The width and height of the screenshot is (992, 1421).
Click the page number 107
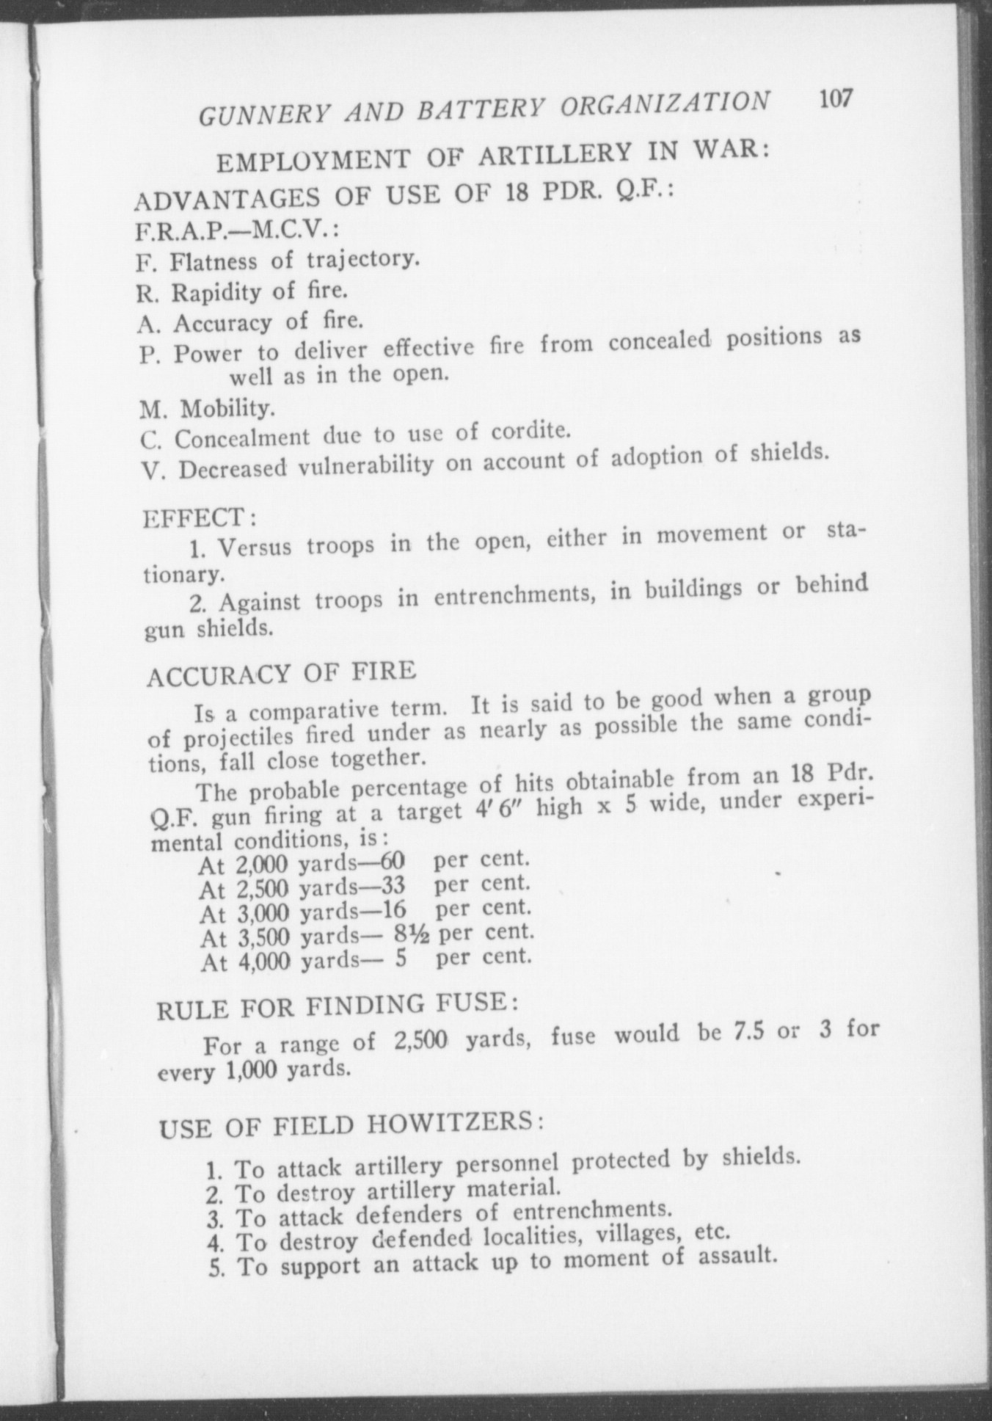click(834, 99)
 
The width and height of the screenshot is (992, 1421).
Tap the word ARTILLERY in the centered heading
click(555, 154)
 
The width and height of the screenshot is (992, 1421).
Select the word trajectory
click(363, 259)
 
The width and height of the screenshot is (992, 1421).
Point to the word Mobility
click(227, 407)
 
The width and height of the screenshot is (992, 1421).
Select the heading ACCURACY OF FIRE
click(281, 673)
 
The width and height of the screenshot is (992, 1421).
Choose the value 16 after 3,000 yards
click(394, 910)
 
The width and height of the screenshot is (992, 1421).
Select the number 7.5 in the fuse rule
click(749, 1031)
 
